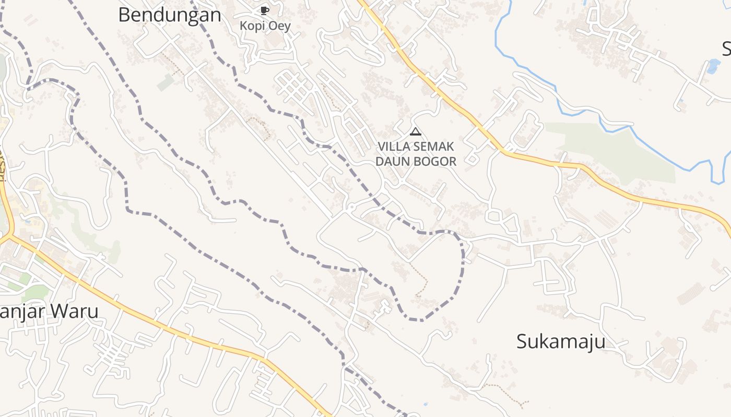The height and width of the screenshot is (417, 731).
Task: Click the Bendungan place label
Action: pos(169,15)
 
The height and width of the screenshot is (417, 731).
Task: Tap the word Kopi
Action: pos(252,26)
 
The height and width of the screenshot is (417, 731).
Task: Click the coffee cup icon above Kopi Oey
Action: pos(264,10)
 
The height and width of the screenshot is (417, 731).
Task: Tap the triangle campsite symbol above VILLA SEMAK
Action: pos(416,131)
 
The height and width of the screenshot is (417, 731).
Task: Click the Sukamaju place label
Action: pos(561,342)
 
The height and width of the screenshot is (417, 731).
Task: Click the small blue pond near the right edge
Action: pos(713,66)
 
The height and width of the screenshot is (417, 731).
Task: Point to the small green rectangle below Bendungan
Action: pos(166,82)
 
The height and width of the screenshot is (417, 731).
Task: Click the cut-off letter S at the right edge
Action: pos(726,49)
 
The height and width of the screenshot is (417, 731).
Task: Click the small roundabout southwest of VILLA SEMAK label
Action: pos(351,207)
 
